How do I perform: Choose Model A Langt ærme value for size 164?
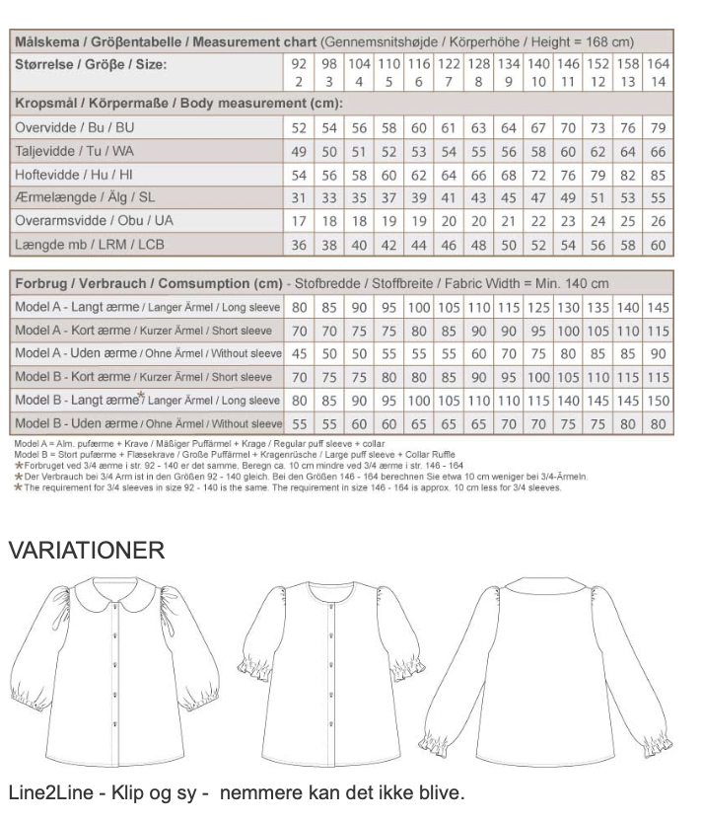[659, 307]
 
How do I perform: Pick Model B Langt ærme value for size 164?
[659, 400]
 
